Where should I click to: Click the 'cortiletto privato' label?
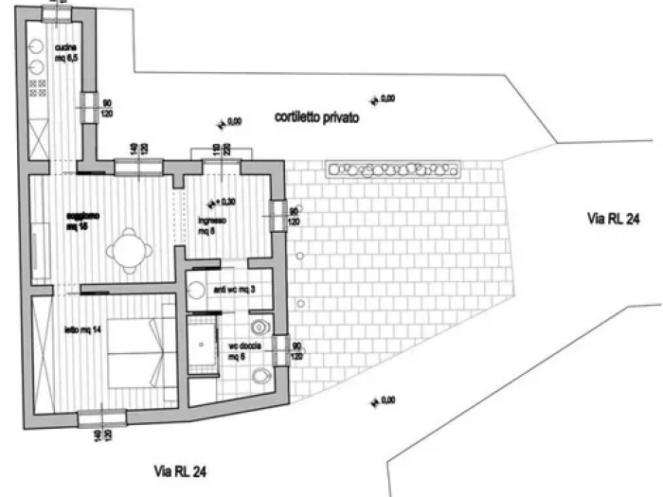point(316,117)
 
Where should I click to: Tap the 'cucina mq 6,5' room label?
point(65,53)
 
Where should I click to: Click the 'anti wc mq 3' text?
point(229,289)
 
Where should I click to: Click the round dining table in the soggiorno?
point(129,251)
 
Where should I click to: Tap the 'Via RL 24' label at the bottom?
point(180,470)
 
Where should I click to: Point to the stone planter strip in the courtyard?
point(392,169)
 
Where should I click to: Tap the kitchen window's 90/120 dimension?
point(107,107)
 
